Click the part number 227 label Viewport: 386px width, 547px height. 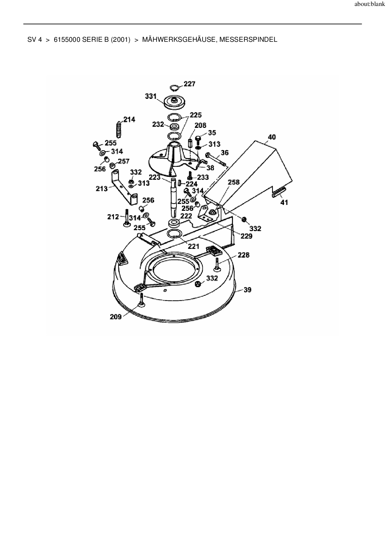click(x=189, y=84)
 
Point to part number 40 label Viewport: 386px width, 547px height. click(x=271, y=137)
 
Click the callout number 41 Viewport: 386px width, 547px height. click(x=284, y=202)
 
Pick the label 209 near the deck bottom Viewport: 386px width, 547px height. click(x=115, y=317)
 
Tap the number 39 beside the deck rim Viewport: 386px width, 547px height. click(x=247, y=290)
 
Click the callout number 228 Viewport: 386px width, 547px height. click(x=243, y=255)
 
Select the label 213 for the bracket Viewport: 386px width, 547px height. click(x=101, y=188)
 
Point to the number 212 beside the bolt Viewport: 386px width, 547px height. click(x=113, y=217)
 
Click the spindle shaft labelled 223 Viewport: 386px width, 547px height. click(x=173, y=196)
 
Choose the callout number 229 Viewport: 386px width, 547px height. click(x=246, y=236)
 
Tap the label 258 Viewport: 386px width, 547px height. click(x=234, y=182)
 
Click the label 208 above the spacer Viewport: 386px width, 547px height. click(x=200, y=125)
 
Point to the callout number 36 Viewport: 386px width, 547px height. click(x=224, y=152)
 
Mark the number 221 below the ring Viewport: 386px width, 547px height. click(x=193, y=247)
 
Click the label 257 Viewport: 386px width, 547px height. click(x=123, y=161)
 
